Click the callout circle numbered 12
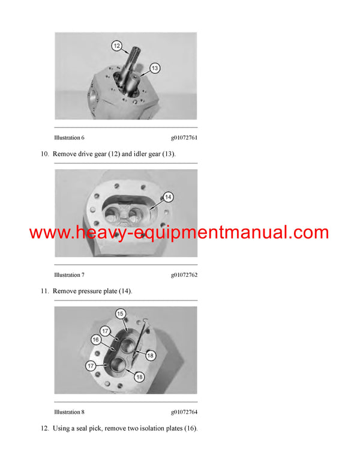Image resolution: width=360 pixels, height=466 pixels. [x=116, y=45]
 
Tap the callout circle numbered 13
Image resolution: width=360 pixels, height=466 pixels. [x=155, y=68]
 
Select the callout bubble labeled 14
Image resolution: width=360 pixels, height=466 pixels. [x=168, y=196]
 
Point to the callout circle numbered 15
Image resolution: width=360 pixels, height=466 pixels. [x=120, y=313]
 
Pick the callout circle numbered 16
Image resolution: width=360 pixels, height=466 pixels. [x=95, y=339]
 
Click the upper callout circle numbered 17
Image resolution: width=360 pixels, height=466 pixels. [x=104, y=330]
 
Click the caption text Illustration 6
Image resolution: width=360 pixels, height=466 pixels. [x=69, y=138]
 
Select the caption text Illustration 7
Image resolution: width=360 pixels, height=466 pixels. [x=69, y=275]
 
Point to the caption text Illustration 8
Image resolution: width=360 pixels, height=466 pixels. [x=69, y=412]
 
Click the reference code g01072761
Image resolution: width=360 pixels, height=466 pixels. [x=184, y=138]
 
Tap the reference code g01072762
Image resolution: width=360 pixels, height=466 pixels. [x=184, y=275]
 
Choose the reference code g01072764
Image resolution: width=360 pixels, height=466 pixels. [x=184, y=412]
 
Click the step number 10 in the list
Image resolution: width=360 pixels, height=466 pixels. [x=44, y=154]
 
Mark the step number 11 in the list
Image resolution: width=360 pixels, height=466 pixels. [x=44, y=291]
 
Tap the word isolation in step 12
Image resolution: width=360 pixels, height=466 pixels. [x=152, y=428]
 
